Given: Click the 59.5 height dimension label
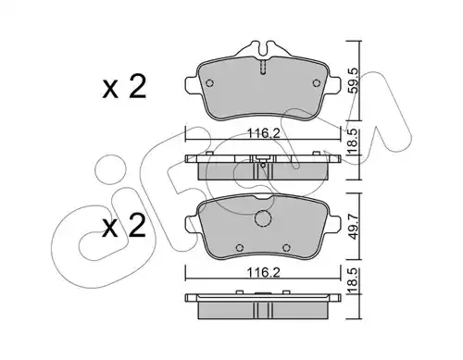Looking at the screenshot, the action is click(x=354, y=81).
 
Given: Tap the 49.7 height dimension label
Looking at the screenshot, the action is click(x=354, y=227).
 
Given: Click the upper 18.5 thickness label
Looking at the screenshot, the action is click(x=354, y=142).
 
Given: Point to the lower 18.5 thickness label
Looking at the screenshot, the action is click(x=354, y=280).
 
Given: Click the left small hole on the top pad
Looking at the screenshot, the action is click(x=209, y=83).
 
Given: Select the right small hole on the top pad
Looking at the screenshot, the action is click(x=316, y=83).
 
